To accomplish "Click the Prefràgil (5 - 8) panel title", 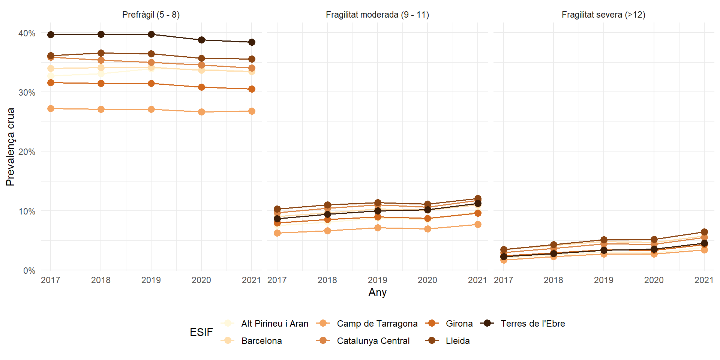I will [x=151, y=15].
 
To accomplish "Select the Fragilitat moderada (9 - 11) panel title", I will [x=377, y=15].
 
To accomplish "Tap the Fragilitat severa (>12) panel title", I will [x=603, y=15].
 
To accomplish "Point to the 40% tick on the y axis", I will [x=27, y=33].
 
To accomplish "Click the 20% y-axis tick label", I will [x=27, y=152].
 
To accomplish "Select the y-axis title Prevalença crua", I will [x=10, y=147].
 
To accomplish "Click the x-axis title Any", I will [x=377, y=292].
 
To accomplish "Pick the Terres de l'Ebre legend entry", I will [x=532, y=324].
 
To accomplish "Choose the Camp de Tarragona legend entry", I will [x=377, y=324].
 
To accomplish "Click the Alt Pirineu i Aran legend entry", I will [x=274, y=324].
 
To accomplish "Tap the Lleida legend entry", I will [x=457, y=341].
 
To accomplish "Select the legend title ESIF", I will [x=201, y=332].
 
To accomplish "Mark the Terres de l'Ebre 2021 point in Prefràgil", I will [x=252, y=42].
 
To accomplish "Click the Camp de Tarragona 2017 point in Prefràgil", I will [x=51, y=108].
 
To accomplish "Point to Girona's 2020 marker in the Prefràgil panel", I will [x=201, y=87].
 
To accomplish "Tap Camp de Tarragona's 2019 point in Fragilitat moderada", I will [x=378, y=228].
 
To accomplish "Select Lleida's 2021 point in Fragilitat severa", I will [x=704, y=232].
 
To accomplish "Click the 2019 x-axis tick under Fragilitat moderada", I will [x=377, y=280].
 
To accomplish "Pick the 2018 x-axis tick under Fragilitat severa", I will [x=553, y=280].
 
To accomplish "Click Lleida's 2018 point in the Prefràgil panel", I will [x=101, y=53].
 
